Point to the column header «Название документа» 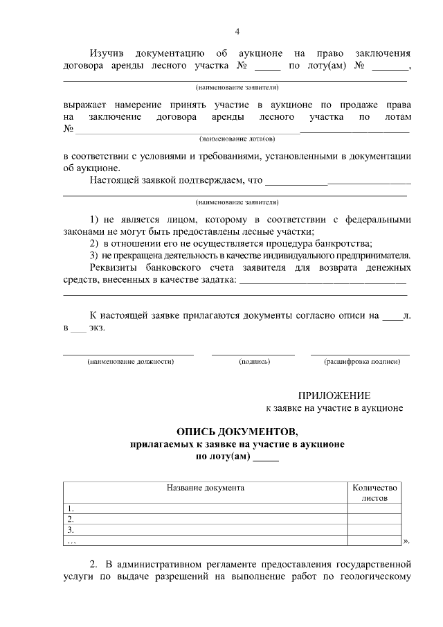point(205,487)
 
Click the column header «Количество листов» point(375,492)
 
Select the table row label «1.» point(70,508)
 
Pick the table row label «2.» point(70,518)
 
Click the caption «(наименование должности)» point(129,362)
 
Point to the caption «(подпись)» point(253,362)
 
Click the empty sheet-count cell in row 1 point(374,508)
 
